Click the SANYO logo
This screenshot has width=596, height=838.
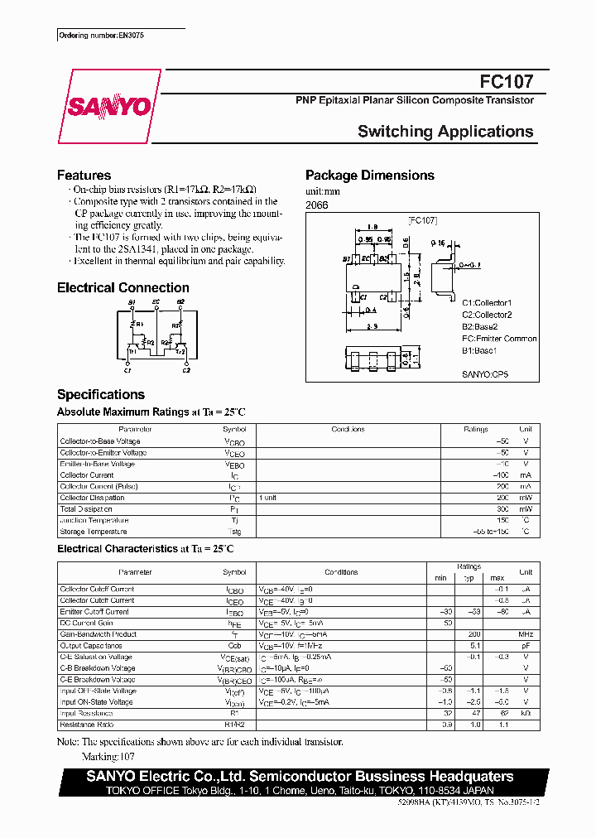click(x=109, y=107)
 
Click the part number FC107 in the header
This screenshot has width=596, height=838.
click(x=506, y=83)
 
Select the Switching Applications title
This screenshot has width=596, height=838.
click(x=445, y=132)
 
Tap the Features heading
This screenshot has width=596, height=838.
click(x=84, y=176)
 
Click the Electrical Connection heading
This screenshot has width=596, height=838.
click(x=123, y=288)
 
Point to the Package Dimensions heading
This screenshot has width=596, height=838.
click(x=369, y=176)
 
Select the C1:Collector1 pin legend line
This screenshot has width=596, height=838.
click(x=487, y=303)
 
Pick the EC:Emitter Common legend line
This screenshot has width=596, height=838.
click(x=498, y=339)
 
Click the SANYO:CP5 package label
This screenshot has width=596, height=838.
click(x=485, y=374)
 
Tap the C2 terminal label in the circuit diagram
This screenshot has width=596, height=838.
click(x=186, y=369)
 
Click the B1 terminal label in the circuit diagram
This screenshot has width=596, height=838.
click(x=132, y=303)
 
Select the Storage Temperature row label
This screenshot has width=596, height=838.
click(x=94, y=532)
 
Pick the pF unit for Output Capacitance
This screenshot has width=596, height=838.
click(x=525, y=646)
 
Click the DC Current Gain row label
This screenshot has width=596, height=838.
click(x=86, y=623)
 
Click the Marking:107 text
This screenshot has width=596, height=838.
click(x=108, y=757)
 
